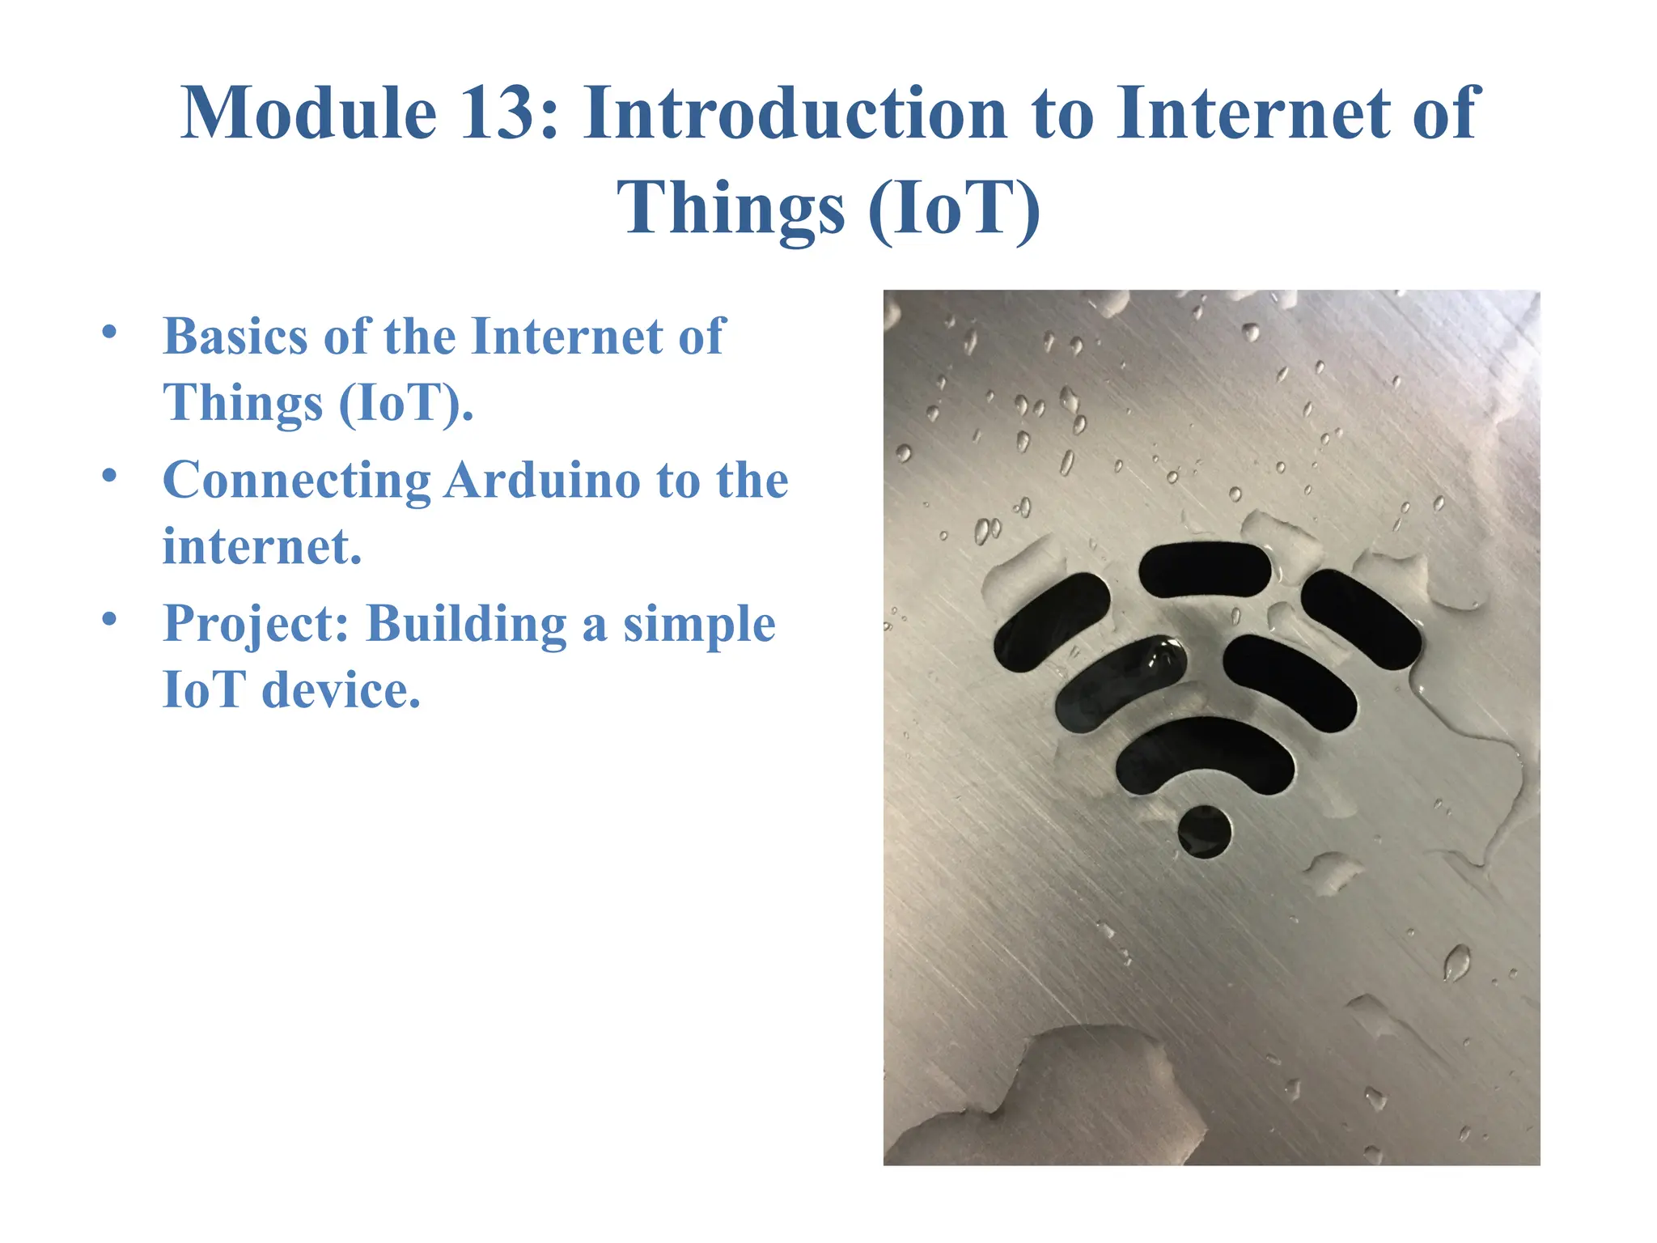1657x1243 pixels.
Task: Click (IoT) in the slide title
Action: click(x=954, y=209)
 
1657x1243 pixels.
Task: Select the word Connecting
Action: click(x=296, y=481)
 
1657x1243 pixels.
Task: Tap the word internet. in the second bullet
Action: click(x=261, y=547)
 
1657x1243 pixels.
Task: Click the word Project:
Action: click(x=256, y=625)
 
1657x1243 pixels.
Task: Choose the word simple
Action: click(x=699, y=625)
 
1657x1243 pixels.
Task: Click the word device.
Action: click(x=341, y=691)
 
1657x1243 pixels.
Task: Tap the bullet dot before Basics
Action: click(x=110, y=332)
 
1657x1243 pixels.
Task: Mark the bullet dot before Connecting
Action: click(x=110, y=476)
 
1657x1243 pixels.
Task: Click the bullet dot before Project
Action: click(x=110, y=620)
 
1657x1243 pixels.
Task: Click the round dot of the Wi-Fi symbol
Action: click(x=1205, y=832)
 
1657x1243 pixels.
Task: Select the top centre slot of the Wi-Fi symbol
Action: click(x=1205, y=570)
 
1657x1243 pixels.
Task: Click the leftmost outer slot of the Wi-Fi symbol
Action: click(x=1049, y=621)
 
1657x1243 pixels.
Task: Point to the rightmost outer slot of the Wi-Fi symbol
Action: click(x=1361, y=618)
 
